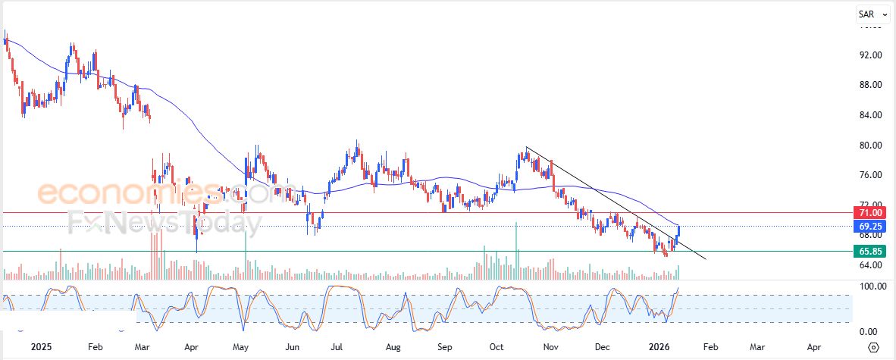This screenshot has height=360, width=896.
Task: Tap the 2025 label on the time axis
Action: [42, 347]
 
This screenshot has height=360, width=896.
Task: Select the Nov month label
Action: [551, 347]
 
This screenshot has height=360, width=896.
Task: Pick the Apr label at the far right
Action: [813, 347]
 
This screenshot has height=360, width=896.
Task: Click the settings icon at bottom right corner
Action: [873, 347]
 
